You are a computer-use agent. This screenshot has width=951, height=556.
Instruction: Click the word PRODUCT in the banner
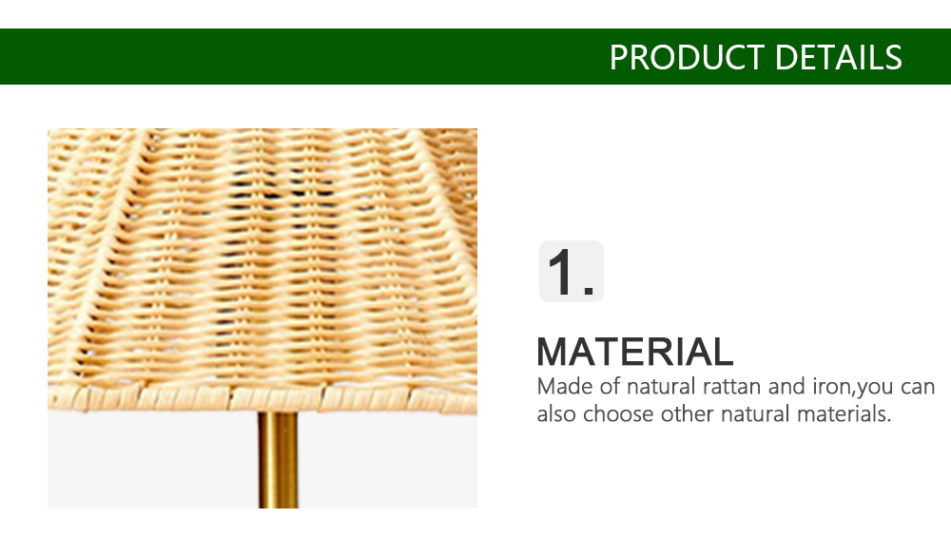pos(687,58)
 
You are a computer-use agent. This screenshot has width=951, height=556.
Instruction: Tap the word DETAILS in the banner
pos(838,58)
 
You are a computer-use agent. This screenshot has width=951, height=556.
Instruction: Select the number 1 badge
pos(571,271)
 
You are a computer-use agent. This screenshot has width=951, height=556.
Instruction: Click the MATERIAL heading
pos(635,352)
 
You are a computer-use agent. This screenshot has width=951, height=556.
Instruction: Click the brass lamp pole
pos(279,460)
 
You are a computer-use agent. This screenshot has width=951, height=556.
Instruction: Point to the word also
pos(556,414)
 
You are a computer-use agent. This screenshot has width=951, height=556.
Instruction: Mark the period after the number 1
pos(589,292)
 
